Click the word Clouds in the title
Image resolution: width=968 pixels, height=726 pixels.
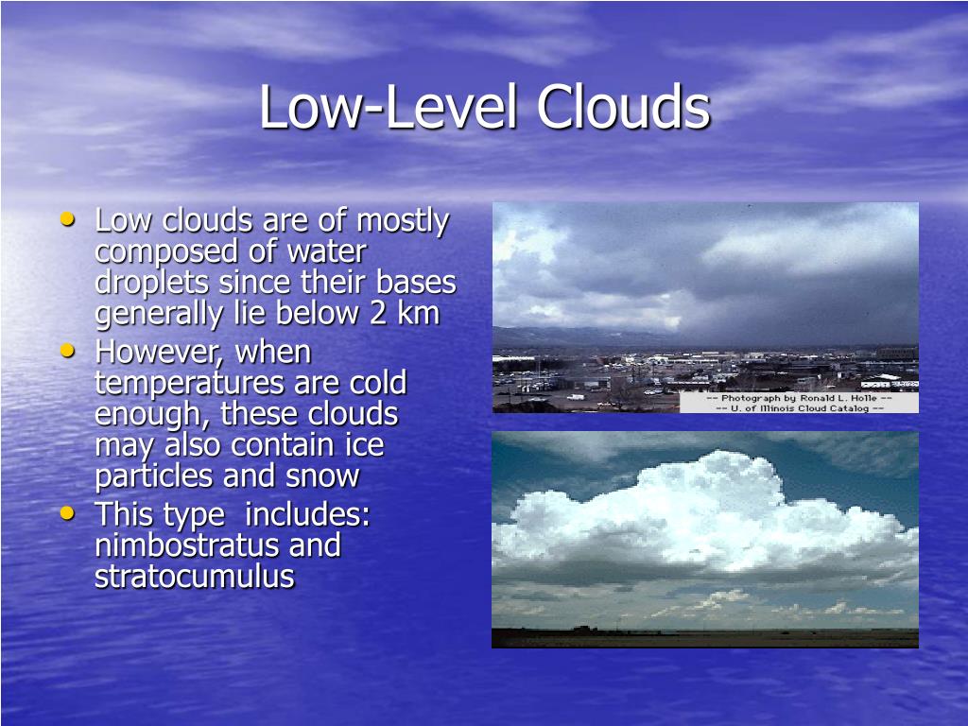coord(623,107)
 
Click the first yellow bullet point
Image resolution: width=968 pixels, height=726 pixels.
coord(67,219)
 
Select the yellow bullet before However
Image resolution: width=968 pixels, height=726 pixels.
coord(67,350)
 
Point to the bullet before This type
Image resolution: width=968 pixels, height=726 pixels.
coord(67,513)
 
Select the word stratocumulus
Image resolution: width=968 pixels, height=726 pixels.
coord(194,577)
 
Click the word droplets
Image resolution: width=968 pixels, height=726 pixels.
coord(152,283)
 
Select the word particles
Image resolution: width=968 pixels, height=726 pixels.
coord(155,476)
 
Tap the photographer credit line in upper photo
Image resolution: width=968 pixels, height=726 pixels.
coord(799,397)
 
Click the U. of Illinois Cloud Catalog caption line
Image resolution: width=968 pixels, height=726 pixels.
coord(799,407)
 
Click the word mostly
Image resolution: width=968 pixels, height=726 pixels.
coord(402,221)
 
